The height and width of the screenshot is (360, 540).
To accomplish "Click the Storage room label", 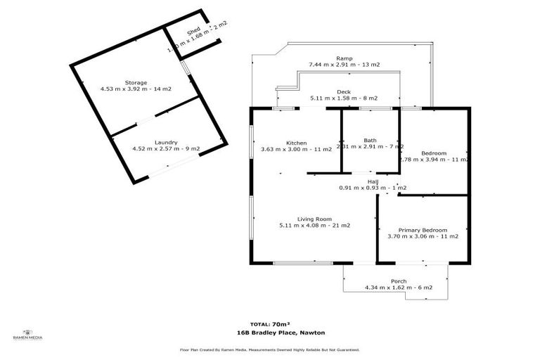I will point(136,82).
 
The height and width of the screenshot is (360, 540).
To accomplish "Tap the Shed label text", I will point(193,32).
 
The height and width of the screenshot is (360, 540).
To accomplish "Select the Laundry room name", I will point(166,142).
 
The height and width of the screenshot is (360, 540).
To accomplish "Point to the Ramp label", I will point(344,58).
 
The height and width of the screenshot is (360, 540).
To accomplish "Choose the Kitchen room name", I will point(296,143).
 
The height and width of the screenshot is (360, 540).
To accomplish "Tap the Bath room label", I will point(370,140).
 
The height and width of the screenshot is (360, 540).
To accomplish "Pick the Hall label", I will point(373,181).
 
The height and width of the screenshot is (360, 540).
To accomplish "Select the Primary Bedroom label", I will point(423,230).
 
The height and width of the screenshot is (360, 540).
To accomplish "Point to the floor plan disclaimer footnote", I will point(270,349).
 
